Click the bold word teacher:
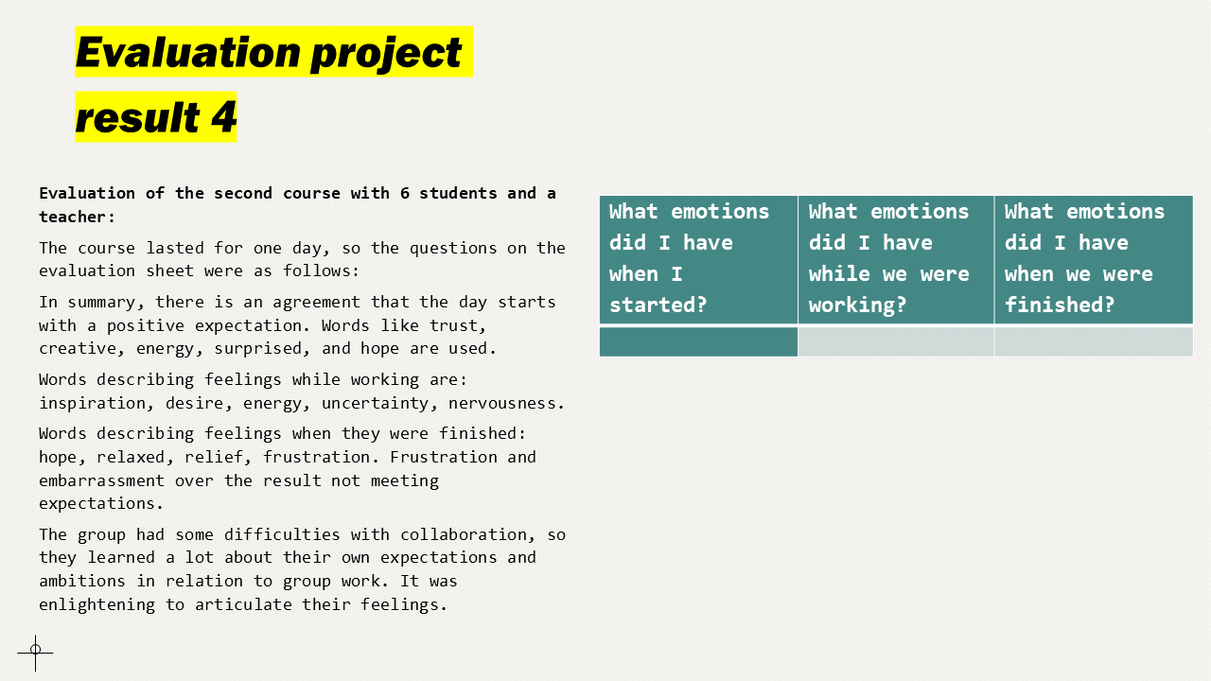point(77,217)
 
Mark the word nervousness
point(506,403)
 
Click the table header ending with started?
point(698,258)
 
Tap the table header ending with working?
point(895,258)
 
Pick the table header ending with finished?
point(1093,258)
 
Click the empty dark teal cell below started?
point(698,341)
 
